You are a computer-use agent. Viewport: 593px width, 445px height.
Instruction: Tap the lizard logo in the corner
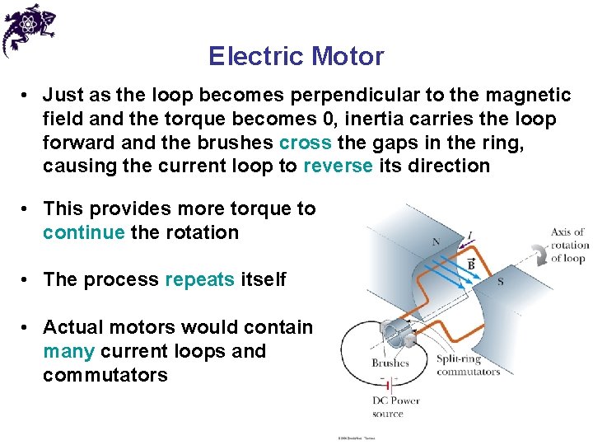[x=28, y=29]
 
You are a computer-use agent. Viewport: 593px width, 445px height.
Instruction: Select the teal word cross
[x=306, y=143]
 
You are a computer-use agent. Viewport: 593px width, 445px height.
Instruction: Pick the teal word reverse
[x=338, y=166]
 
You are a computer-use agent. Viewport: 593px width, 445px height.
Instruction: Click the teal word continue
[x=84, y=232]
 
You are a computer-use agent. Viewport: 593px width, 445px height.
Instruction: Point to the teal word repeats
[x=200, y=279]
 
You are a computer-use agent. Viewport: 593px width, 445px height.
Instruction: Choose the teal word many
[x=68, y=351]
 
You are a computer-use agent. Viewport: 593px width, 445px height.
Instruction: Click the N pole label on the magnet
[x=436, y=242]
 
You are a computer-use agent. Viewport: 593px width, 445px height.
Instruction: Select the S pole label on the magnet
[x=501, y=282]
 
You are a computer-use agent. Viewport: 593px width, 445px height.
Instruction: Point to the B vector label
[x=470, y=265]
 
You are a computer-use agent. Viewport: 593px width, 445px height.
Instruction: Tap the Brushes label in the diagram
[x=390, y=363]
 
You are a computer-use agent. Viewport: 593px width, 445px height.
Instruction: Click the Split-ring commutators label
[x=468, y=366]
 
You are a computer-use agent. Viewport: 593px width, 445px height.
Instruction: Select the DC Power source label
[x=395, y=407]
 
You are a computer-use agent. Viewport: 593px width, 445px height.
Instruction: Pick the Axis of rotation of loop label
[x=569, y=245]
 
